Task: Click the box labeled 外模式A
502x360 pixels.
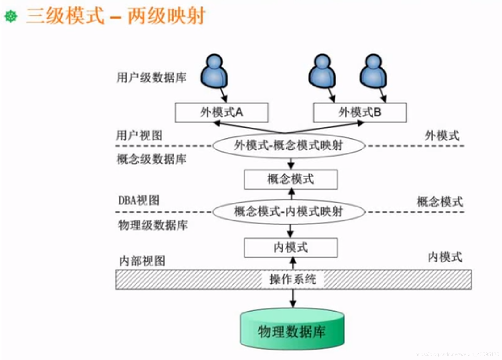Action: [x=221, y=112]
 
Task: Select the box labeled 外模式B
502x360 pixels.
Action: [x=360, y=112]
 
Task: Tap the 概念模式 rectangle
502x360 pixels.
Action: [x=291, y=179]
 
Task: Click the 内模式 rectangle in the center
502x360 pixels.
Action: [x=291, y=247]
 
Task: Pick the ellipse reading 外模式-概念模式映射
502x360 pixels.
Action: [x=288, y=145]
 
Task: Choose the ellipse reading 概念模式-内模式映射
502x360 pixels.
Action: [x=288, y=212]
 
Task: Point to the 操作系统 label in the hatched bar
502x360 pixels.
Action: [x=292, y=279]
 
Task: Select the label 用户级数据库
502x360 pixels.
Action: [x=151, y=77]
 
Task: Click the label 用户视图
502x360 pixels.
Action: [x=139, y=135]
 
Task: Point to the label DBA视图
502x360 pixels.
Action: [x=139, y=201]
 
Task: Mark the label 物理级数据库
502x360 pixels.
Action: [x=153, y=225]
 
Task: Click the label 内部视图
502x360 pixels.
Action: [x=142, y=261]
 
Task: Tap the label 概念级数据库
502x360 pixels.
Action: [x=151, y=159]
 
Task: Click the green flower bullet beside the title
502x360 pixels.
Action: [x=11, y=16]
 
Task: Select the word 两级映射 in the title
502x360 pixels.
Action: [x=167, y=16]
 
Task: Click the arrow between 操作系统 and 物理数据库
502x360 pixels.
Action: [x=293, y=298]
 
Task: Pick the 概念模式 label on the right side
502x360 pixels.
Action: [x=440, y=202]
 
